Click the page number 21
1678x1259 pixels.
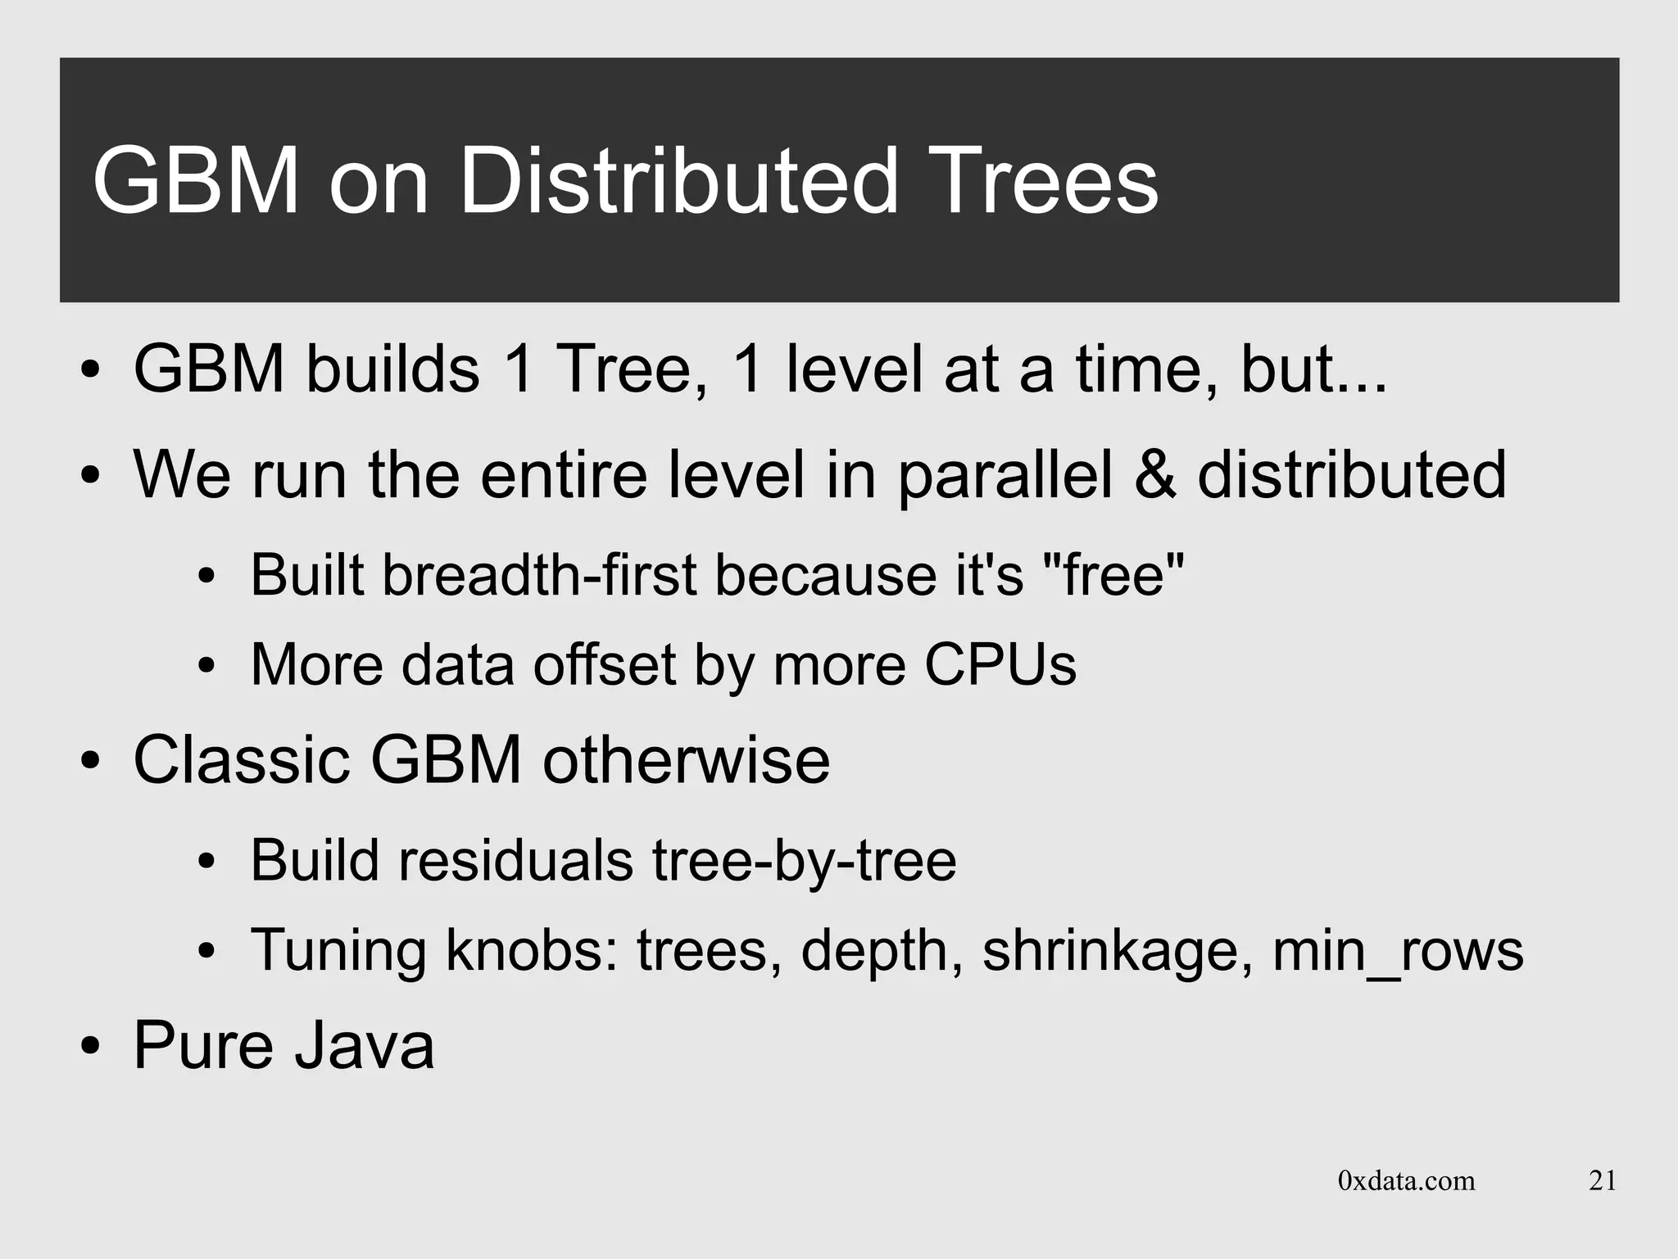pyautogui.click(x=1603, y=1180)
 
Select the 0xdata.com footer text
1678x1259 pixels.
pyautogui.click(x=1406, y=1180)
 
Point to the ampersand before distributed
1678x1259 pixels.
pyautogui.click(x=1155, y=474)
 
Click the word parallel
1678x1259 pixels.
pyautogui.click(x=1005, y=476)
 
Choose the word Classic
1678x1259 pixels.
pyautogui.click(x=242, y=760)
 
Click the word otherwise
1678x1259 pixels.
pyautogui.click(x=686, y=760)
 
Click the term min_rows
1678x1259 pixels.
pyautogui.click(x=1398, y=950)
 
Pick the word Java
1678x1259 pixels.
pyautogui.click(x=364, y=1045)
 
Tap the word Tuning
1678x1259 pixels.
pyautogui.click(x=338, y=950)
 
